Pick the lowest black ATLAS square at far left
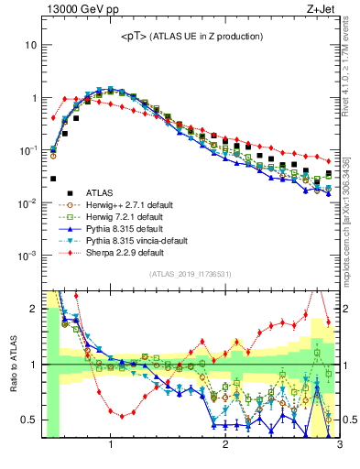[x=53, y=179]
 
